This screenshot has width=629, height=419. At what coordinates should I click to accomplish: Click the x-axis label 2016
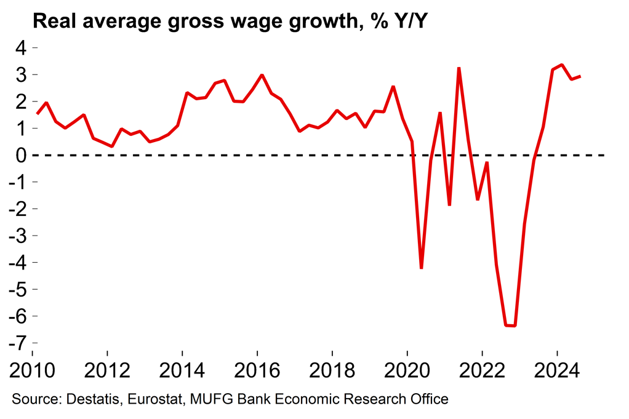(x=257, y=371)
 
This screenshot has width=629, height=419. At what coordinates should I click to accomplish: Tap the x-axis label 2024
(x=558, y=371)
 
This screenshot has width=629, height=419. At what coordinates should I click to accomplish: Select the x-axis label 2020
(x=407, y=371)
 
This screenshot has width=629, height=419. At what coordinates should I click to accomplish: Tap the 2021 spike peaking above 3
(x=459, y=68)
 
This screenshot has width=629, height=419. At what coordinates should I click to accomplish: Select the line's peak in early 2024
(x=562, y=65)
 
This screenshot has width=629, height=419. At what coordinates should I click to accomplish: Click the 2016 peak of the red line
(x=262, y=75)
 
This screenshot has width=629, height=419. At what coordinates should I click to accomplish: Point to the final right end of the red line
(x=580, y=76)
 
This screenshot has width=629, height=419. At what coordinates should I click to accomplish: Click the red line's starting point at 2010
(x=38, y=114)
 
